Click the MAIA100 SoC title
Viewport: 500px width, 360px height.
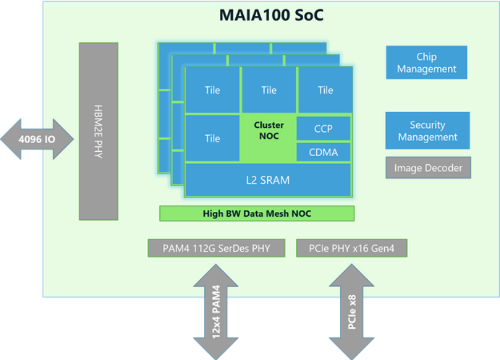(x=271, y=15)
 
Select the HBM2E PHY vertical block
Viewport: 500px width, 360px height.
(x=99, y=131)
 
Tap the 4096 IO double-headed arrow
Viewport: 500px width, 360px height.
(x=37, y=139)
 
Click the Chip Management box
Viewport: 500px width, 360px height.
(x=426, y=62)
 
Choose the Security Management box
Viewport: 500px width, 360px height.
(x=427, y=130)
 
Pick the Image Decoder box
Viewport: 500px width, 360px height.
(x=428, y=168)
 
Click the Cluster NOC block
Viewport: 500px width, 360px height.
(x=269, y=137)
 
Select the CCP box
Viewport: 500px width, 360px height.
(x=324, y=129)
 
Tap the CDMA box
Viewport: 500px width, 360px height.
(x=324, y=152)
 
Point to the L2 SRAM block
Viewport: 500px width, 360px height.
(x=268, y=180)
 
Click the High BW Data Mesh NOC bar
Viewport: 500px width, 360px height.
(x=257, y=214)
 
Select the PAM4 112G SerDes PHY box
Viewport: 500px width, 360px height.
(x=216, y=248)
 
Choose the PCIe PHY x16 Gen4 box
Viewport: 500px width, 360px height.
(x=351, y=248)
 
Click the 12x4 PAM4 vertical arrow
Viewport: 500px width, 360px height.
(x=216, y=312)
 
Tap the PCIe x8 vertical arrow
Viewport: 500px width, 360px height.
(x=351, y=312)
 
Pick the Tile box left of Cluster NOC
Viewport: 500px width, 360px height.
(x=213, y=138)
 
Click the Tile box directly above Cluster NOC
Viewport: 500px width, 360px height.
(x=269, y=90)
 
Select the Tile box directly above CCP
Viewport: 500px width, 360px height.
(x=325, y=90)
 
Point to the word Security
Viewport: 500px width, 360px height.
(x=427, y=125)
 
